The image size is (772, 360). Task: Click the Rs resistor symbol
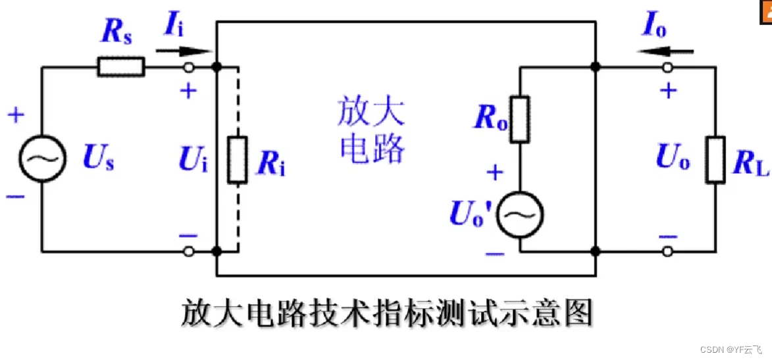[x=121, y=66]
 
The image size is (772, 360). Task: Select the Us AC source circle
[x=42, y=158]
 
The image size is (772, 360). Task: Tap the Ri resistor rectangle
[x=238, y=160]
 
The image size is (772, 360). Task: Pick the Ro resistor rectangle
[x=520, y=120]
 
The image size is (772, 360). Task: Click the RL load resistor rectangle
[x=715, y=159]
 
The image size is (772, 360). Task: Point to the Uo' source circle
[x=519, y=214]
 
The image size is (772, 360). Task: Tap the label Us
[x=98, y=158]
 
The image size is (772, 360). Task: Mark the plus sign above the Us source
[x=16, y=115]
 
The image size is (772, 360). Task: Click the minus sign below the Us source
[x=16, y=196]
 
